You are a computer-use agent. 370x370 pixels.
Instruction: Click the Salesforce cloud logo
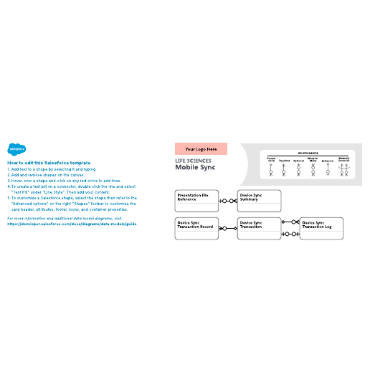tap(14, 150)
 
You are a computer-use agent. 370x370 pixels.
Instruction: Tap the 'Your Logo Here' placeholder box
tap(201, 149)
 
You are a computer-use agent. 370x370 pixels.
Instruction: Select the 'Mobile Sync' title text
tap(195, 169)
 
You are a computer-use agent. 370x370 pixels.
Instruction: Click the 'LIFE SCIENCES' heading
tap(194, 161)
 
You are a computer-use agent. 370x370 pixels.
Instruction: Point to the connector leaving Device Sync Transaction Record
tap(227, 229)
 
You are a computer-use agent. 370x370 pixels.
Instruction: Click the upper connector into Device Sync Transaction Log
tap(290, 223)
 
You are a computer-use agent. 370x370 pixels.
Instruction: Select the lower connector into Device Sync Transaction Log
tap(290, 234)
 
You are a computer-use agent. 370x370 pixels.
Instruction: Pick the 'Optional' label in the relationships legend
tap(298, 161)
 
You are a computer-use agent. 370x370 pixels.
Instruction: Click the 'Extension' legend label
tap(328, 161)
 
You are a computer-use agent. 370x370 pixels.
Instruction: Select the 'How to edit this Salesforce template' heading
tap(49, 163)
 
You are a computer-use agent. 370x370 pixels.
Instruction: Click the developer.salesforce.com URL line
tap(71, 224)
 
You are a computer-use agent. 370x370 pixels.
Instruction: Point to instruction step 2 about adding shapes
tap(47, 175)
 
